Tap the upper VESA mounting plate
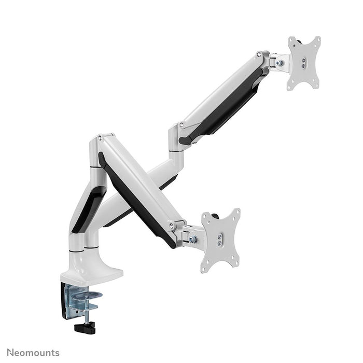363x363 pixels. pos(304,63)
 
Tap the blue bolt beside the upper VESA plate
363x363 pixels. pos(281,62)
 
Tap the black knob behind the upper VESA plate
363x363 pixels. pos(292,40)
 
